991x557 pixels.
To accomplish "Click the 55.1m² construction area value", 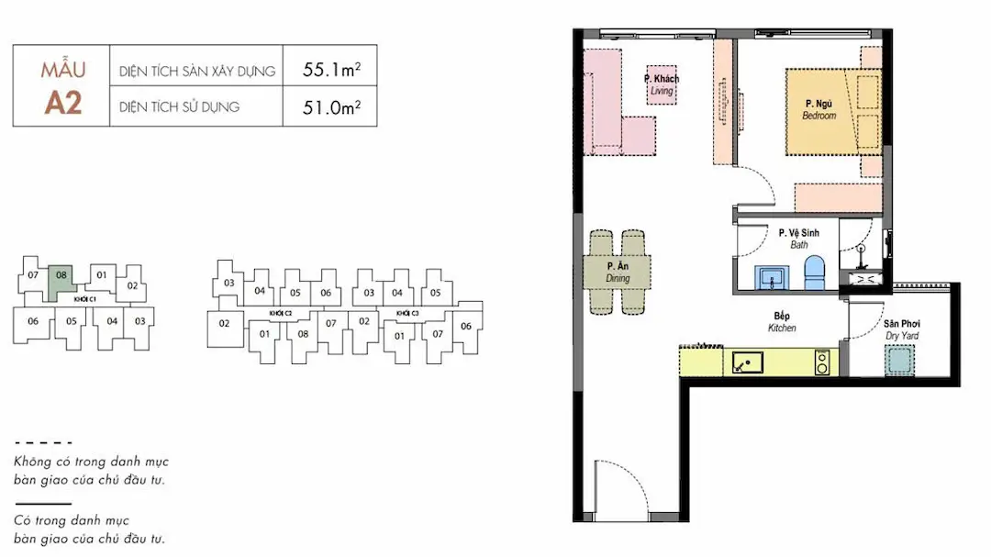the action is click(x=331, y=69).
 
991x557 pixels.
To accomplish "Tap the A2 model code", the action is click(x=63, y=103).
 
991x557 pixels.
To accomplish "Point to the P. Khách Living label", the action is click(x=661, y=84).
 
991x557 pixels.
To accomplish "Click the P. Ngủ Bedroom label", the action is click(x=819, y=109).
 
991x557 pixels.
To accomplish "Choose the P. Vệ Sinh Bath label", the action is click(x=799, y=239).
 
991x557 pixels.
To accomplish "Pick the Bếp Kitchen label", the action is click(x=782, y=322).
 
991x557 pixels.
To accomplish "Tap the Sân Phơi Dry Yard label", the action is click(x=902, y=329).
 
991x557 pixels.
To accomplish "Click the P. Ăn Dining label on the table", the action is click(x=618, y=272).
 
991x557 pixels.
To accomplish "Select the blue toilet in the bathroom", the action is click(x=815, y=273).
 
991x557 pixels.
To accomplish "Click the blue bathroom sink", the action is click(x=771, y=277).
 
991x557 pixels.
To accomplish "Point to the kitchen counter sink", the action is click(x=747, y=362).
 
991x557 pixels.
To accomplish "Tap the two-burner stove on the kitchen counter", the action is click(x=822, y=362).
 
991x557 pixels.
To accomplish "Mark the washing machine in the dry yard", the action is click(x=899, y=360).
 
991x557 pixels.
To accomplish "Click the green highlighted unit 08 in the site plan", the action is click(x=62, y=284).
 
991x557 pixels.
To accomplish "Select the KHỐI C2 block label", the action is click(x=281, y=313).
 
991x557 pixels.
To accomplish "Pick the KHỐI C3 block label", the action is click(x=407, y=313).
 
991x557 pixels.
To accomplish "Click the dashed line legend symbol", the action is click(x=43, y=442).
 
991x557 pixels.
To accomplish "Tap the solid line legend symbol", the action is click(x=43, y=504).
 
